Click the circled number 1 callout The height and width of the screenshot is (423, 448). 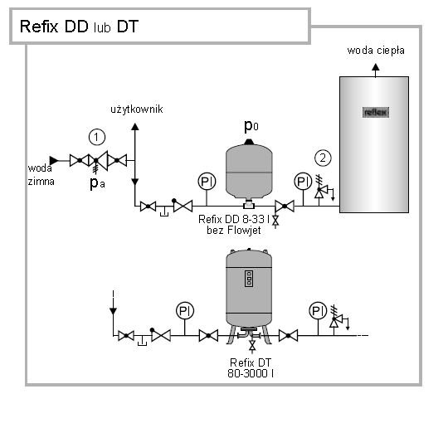click(x=97, y=137)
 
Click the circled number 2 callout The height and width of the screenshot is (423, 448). click(x=323, y=158)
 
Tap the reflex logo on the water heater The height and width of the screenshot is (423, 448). click(x=376, y=112)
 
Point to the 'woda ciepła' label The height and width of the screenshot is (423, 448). click(x=376, y=51)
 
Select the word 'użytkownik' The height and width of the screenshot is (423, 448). click(x=137, y=109)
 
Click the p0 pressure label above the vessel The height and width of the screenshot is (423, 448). click(x=251, y=126)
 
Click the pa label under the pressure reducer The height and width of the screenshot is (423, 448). click(x=97, y=183)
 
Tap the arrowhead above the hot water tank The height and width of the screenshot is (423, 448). click(x=376, y=67)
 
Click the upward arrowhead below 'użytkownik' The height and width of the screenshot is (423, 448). click(x=135, y=127)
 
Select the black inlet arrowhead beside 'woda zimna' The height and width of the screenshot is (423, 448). click(x=54, y=161)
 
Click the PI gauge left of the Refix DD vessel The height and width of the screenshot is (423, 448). click(x=207, y=182)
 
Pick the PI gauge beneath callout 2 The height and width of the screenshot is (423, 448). click(x=303, y=181)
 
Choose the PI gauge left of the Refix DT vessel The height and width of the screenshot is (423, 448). click(x=185, y=310)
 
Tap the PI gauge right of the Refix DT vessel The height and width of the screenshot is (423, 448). click(x=318, y=310)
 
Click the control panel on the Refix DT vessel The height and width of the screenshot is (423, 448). click(x=249, y=279)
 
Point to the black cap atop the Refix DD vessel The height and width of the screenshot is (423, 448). click(x=249, y=142)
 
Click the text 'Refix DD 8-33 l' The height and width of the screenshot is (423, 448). click(x=234, y=219)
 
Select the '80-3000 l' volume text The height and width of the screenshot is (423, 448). click(x=251, y=373)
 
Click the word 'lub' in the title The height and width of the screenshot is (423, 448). click(x=102, y=27)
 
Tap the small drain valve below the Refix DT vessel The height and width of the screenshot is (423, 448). click(x=252, y=346)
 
